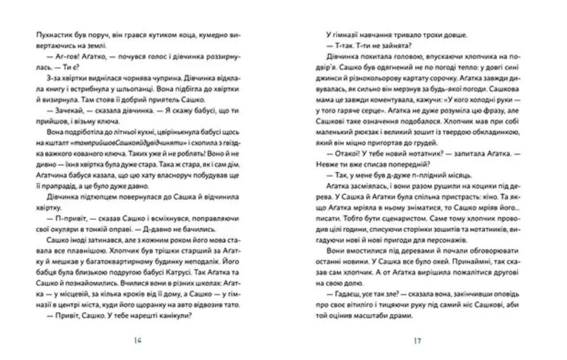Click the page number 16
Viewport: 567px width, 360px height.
[x=137, y=340]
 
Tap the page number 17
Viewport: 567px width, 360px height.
[x=417, y=340]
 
